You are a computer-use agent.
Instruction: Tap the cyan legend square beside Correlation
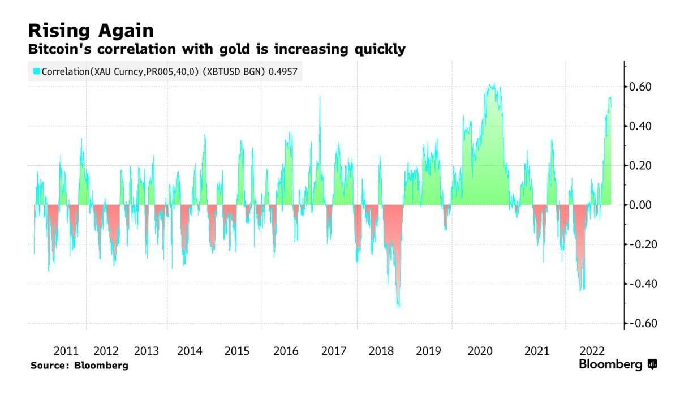(x=36, y=71)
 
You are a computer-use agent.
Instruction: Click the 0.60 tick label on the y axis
(x=642, y=87)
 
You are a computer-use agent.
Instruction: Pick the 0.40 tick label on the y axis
(x=642, y=126)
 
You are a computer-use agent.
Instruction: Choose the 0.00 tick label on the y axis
(x=642, y=205)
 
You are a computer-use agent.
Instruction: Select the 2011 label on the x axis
(x=66, y=351)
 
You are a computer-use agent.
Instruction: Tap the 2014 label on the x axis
(x=190, y=351)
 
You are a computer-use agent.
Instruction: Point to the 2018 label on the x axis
(x=381, y=351)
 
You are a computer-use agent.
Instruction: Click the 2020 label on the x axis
(x=480, y=351)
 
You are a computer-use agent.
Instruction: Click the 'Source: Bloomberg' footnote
(x=79, y=366)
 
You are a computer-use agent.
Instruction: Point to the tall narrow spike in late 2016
(x=320, y=97)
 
